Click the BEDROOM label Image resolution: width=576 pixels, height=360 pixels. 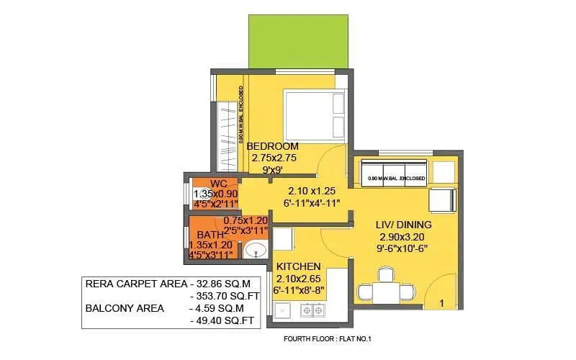[274, 146]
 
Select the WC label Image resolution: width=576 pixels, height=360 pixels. [219, 184]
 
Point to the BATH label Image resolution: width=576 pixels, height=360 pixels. [210, 234]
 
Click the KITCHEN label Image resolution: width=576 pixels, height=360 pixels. [297, 266]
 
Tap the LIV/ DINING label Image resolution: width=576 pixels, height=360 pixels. [400, 224]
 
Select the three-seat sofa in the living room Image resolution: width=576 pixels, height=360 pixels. [395, 175]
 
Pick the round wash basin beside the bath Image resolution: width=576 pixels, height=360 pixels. [253, 251]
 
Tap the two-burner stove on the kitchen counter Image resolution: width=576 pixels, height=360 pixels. [313, 311]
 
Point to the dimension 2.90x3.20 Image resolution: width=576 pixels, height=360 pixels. [400, 235]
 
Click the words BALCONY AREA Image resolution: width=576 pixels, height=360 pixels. [125, 308]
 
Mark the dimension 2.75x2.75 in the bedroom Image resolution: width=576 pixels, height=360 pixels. [274, 158]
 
